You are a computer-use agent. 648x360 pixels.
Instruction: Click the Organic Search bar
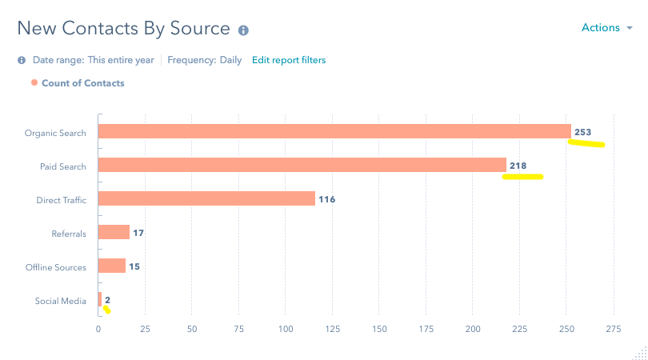pos(334,132)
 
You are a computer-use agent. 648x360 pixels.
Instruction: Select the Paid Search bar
pos(302,165)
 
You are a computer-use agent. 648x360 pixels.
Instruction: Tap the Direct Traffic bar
pos(206,198)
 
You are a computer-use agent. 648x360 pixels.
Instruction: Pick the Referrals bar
pos(114,232)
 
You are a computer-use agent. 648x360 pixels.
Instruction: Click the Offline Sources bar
pos(112,266)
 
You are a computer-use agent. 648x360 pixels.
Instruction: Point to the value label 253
pos(582,132)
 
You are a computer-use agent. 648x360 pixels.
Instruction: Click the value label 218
pos(518,165)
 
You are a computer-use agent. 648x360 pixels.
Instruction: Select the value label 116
pos(326,198)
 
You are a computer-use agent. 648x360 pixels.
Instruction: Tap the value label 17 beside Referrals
pos(138,233)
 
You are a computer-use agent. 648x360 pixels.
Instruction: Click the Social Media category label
pos(60,301)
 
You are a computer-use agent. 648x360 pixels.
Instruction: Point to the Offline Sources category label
pos(55,266)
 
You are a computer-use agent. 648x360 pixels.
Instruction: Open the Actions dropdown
pos(606,28)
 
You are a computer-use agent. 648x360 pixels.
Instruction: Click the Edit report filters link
pos(289,60)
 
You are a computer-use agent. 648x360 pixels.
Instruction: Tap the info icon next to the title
pos(243,30)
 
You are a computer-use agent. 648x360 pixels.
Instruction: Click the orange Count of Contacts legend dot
pos(34,82)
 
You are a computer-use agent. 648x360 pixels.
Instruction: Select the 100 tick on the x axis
pos(285,329)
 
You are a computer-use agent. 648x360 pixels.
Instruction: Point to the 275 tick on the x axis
pos(613,329)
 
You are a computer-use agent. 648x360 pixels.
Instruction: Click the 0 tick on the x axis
pos(98,329)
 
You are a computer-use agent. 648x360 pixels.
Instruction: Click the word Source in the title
pos(200,29)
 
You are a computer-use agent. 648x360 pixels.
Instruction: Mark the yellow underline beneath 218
pos(522,177)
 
